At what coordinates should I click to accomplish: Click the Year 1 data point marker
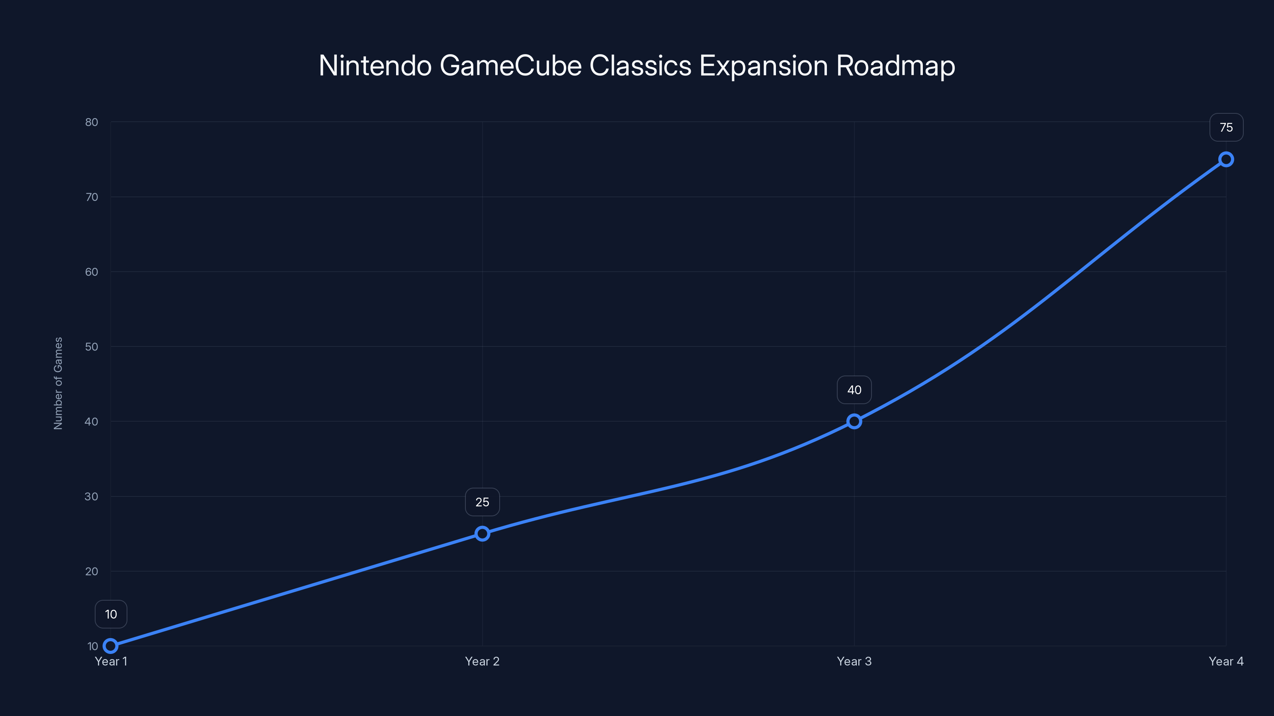point(111,646)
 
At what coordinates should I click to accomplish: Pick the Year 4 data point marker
point(1226,159)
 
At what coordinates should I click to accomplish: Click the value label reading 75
point(1226,127)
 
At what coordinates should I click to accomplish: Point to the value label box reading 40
point(854,390)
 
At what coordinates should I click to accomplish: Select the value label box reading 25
point(482,502)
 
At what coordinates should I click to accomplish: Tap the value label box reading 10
point(111,614)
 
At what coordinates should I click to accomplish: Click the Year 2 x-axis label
point(482,661)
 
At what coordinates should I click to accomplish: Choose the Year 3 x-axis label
point(854,661)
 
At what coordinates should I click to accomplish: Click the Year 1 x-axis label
point(111,661)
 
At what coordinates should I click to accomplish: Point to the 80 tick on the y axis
point(92,122)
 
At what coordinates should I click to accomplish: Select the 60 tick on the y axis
point(92,272)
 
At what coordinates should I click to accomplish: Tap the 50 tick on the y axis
point(92,347)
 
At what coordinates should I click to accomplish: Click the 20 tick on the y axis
point(92,571)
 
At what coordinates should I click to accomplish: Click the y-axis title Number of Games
point(58,383)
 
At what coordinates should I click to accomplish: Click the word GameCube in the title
point(510,66)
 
